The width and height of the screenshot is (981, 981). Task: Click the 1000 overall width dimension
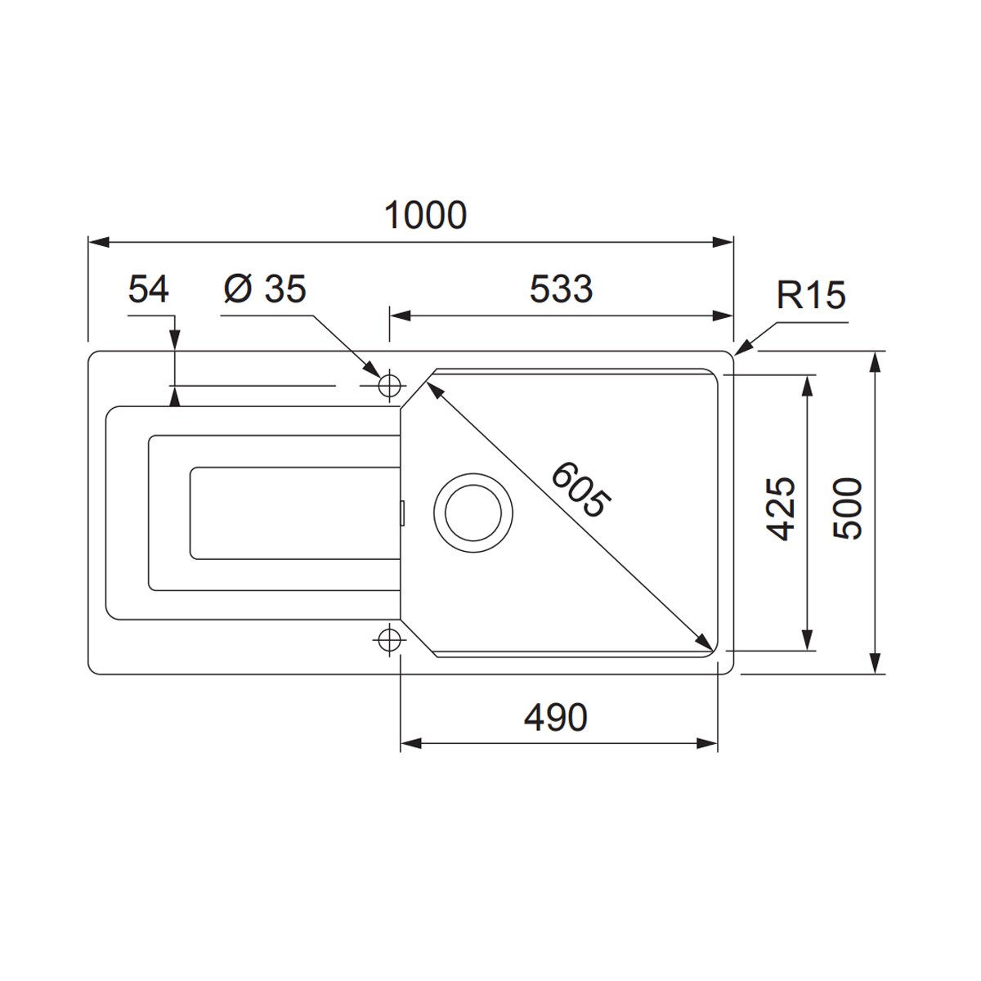(425, 215)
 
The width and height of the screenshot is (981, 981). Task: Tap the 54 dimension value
(148, 289)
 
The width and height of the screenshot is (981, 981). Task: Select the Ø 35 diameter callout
(265, 289)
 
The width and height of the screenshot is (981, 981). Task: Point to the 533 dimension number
(561, 289)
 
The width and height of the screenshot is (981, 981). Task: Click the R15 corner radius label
(811, 295)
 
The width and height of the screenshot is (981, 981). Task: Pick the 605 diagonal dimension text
(581, 489)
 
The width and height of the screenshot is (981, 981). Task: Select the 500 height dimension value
(848, 508)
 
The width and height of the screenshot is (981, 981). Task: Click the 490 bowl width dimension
(555, 717)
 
